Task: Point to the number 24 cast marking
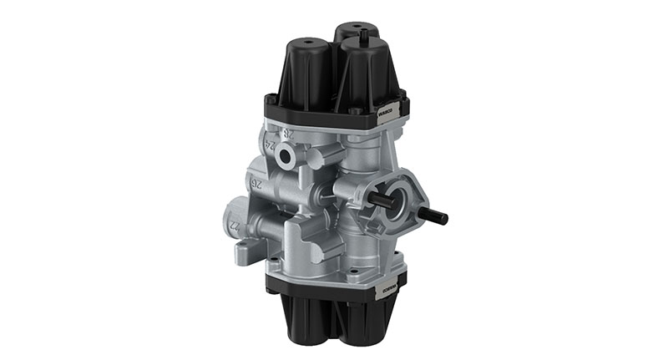[269, 144]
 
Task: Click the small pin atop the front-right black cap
[365, 35]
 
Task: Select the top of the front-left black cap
[309, 43]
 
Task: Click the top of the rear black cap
[352, 28]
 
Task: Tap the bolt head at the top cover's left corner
[272, 99]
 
